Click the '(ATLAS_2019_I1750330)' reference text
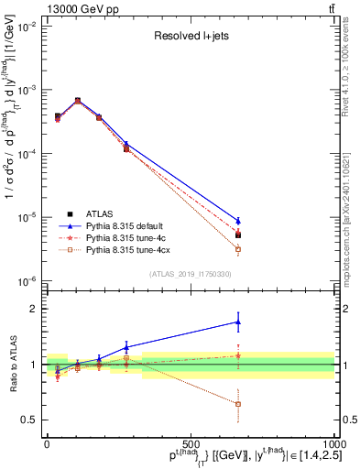pyautogui.click(x=189, y=273)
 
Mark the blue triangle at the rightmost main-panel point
pyautogui.click(x=238, y=221)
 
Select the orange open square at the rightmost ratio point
pyautogui.click(x=238, y=404)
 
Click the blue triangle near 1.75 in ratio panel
pyautogui.click(x=238, y=322)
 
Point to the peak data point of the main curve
pyautogui.click(x=78, y=101)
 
